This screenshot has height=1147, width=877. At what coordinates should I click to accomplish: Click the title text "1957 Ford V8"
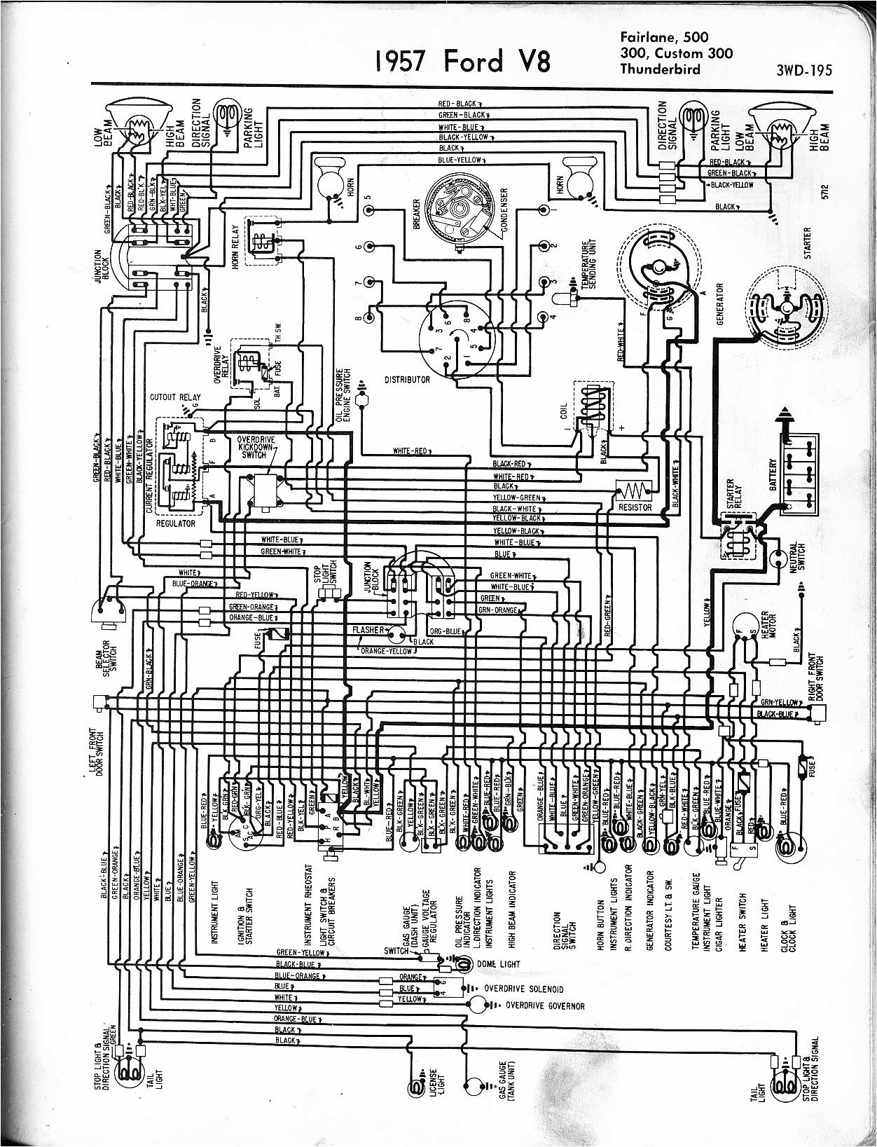tap(462, 62)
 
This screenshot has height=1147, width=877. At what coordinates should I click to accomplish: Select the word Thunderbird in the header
tap(660, 69)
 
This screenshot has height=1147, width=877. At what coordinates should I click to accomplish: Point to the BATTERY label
tap(773, 476)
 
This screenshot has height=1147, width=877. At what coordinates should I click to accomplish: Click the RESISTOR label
tap(635, 507)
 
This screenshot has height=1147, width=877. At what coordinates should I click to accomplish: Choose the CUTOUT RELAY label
tap(174, 397)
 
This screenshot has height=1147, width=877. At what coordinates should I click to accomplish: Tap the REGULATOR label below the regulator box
tap(175, 523)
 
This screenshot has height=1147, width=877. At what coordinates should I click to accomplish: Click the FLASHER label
tap(368, 630)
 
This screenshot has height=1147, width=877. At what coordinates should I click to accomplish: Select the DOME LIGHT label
tap(498, 964)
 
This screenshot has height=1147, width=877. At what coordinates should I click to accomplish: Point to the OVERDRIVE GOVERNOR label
tap(544, 1006)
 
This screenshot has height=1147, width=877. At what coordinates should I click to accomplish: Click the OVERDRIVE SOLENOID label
tap(523, 989)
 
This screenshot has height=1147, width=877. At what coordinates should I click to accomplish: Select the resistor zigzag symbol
tap(635, 488)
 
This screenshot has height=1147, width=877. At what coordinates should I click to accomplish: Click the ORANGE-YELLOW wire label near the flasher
tap(386, 651)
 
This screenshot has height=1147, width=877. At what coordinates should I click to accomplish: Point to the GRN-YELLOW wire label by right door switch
tap(779, 702)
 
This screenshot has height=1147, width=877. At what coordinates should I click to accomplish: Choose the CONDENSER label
tap(504, 214)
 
